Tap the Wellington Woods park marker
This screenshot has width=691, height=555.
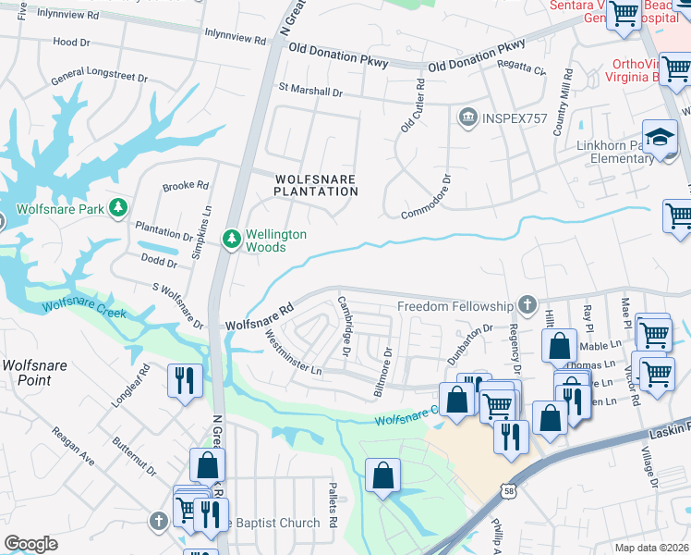pos(232,240)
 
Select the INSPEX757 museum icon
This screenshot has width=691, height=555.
pos(468,117)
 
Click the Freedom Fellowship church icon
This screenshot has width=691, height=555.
pos(527,304)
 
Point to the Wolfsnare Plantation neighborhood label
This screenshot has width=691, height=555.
pos(315,184)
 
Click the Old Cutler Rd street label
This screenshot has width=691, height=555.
pos(412,105)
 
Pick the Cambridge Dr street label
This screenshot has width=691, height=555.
pos(344,326)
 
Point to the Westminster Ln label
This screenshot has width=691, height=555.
pos(292,351)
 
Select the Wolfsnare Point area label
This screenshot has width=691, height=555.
pos(34,372)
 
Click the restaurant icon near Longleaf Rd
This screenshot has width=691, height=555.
pos(183,381)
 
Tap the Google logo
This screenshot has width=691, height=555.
pos(30,543)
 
